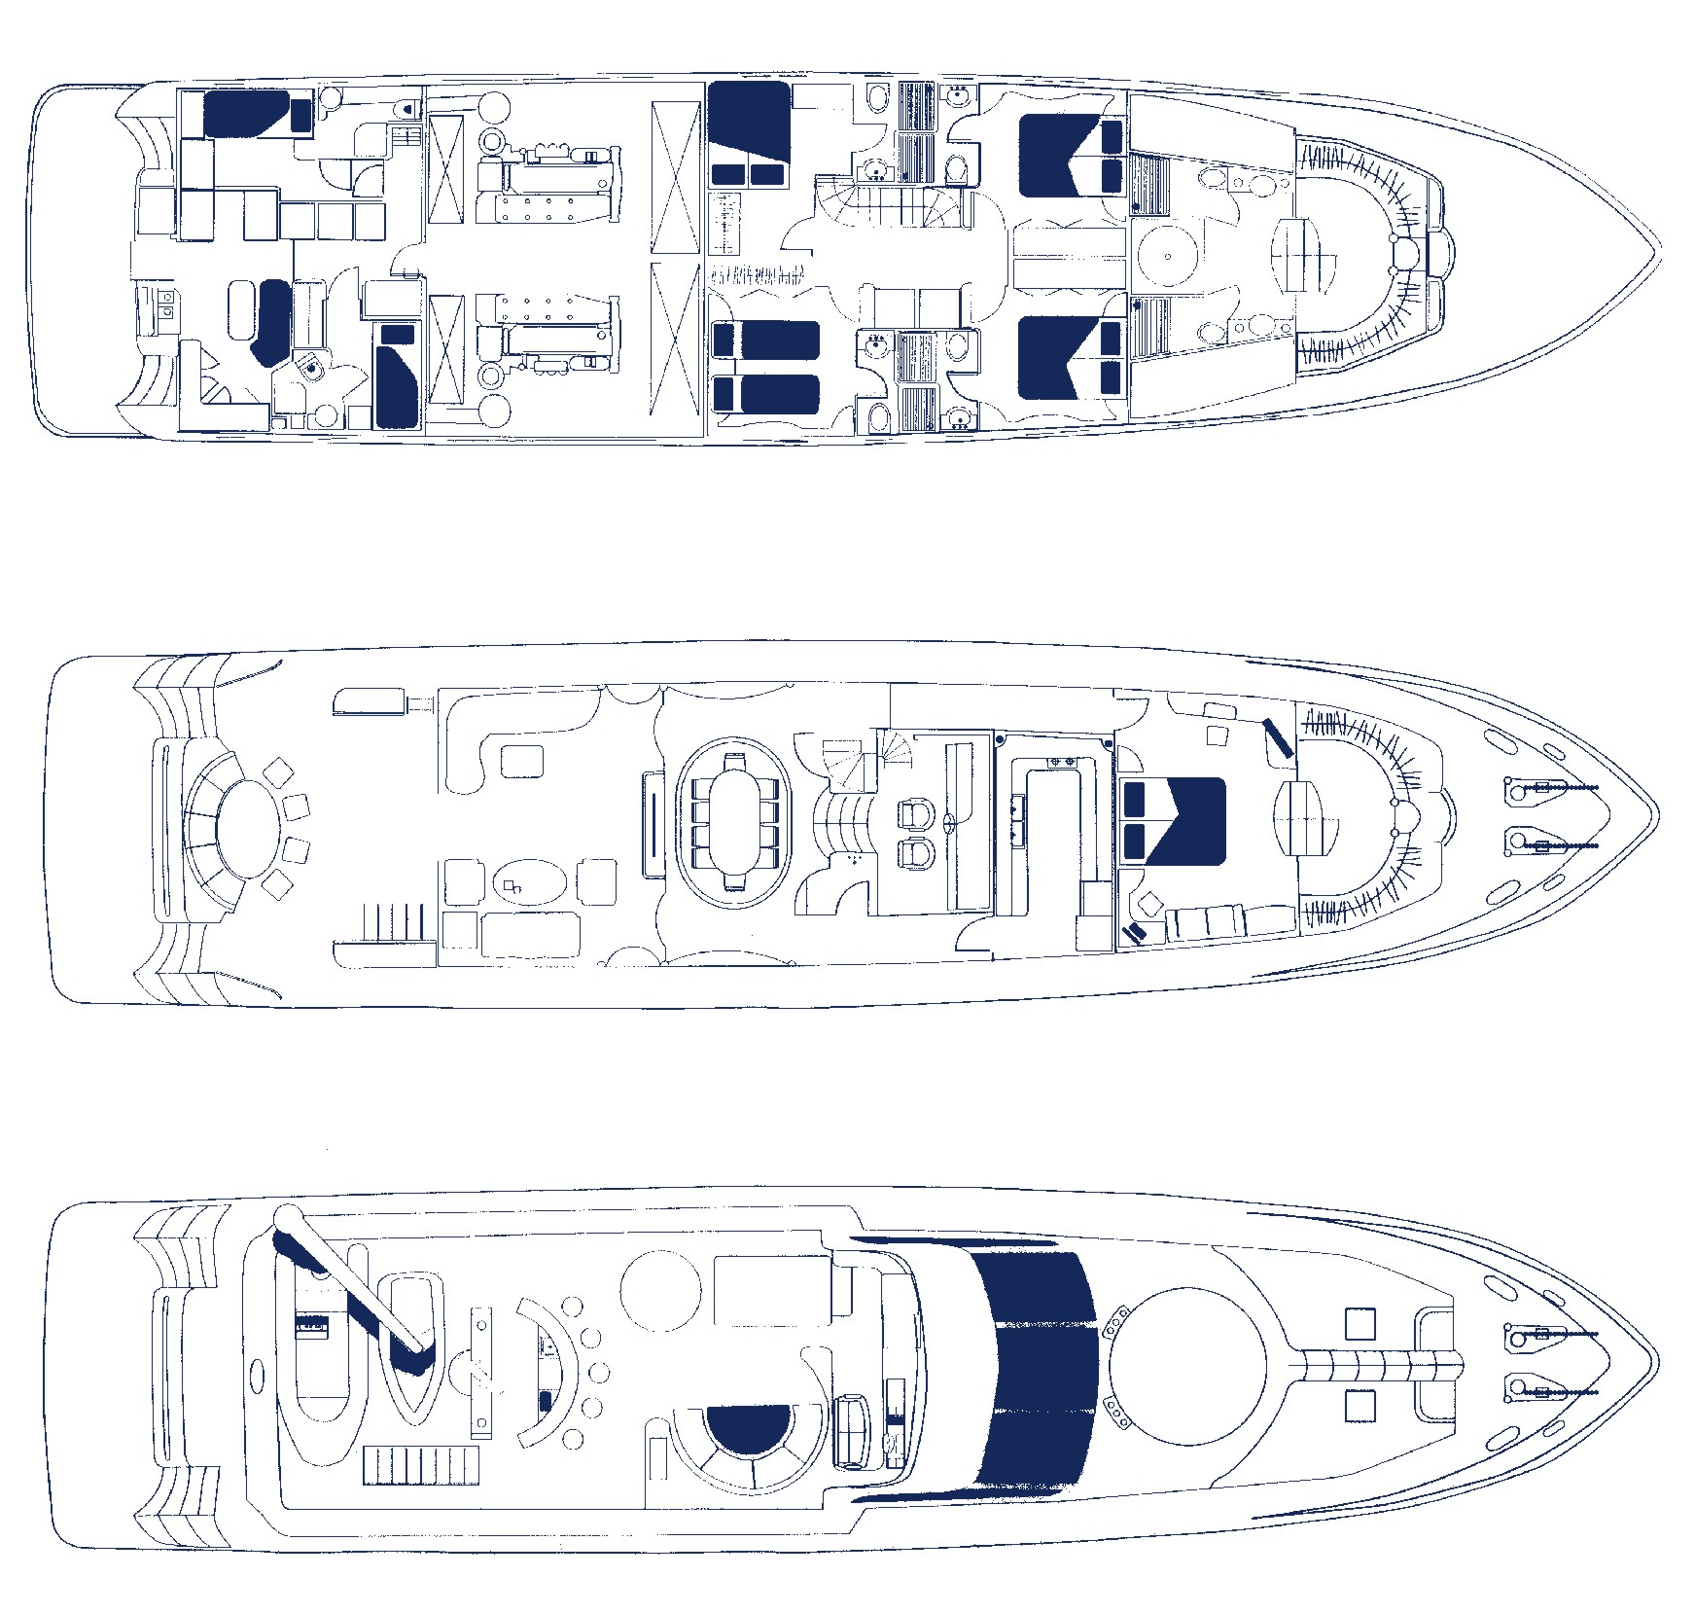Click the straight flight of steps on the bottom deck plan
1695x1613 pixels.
tap(422, 1465)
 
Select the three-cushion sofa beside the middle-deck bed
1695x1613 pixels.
tap(1227, 922)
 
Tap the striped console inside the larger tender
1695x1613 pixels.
tap(311, 1324)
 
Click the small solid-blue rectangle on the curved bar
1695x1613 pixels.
tap(546, 1402)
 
